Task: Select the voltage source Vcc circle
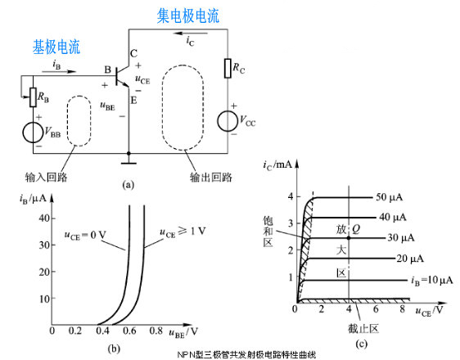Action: click(x=228, y=121)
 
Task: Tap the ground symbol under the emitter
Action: click(x=129, y=155)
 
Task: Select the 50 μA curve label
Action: click(x=391, y=198)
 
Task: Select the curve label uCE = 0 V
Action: click(x=88, y=236)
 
